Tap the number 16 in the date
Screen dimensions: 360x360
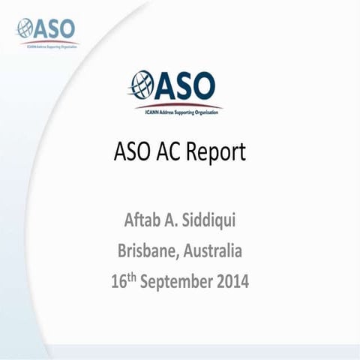118,283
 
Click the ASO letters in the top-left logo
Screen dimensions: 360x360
56,28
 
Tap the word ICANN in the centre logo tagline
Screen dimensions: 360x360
148,110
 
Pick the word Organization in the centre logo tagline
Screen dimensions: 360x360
207,110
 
